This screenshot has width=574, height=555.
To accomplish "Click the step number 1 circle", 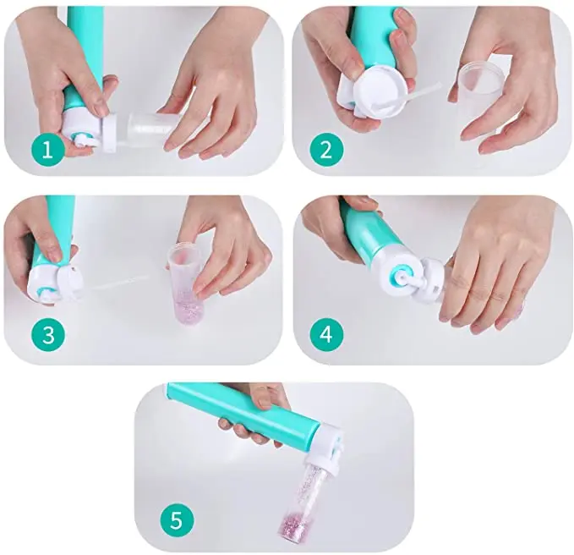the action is tap(47, 149).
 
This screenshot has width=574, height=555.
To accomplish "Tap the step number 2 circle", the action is tap(326, 151).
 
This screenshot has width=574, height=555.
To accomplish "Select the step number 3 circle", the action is tap(48, 335).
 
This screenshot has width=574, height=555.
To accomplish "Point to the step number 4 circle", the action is tap(326, 335).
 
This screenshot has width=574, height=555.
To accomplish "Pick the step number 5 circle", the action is tap(177, 519).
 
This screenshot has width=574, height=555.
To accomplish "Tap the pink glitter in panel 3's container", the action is tap(187, 309).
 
